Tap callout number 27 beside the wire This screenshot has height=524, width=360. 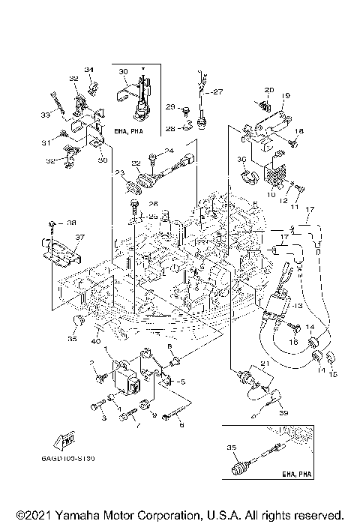tap(217, 92)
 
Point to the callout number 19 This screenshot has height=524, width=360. tap(286, 96)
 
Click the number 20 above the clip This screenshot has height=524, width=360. tap(269, 90)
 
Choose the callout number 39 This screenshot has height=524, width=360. tap(283, 413)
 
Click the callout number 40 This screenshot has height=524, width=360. tap(96, 343)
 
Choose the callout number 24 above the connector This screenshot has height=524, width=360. tap(169, 151)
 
